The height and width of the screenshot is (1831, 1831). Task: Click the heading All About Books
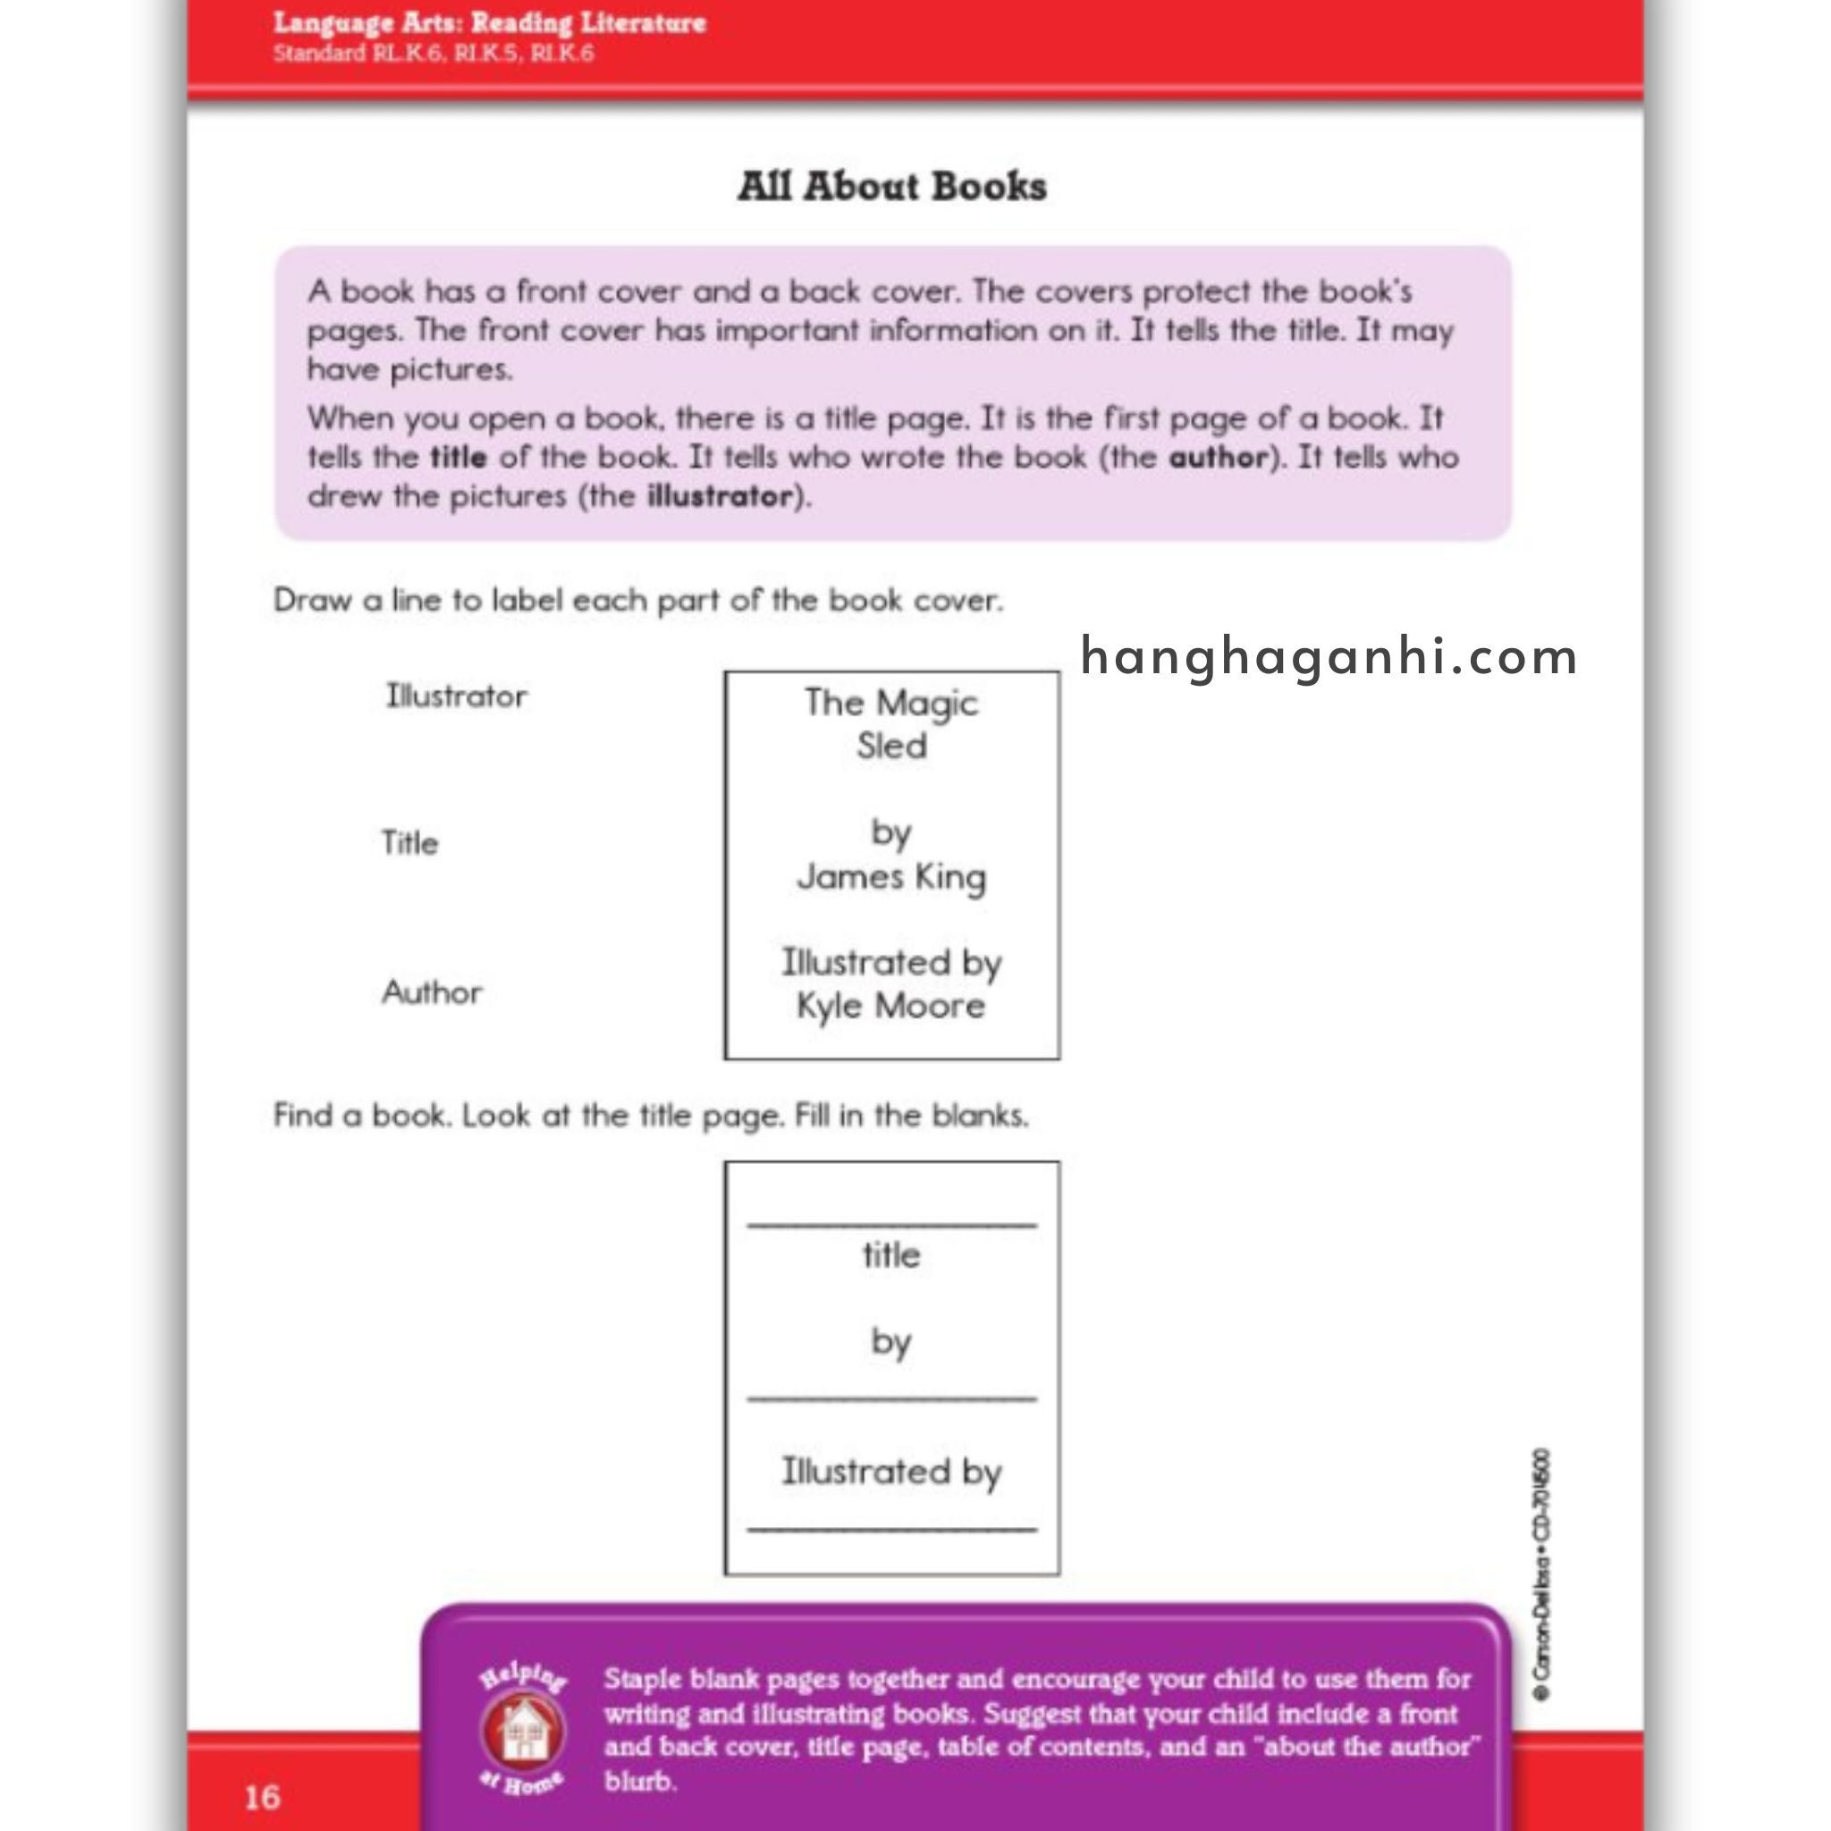coord(891,187)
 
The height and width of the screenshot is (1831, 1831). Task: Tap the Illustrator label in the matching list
coord(456,696)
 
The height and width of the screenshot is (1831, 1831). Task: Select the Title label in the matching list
coord(409,842)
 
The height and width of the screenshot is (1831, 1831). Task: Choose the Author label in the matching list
coord(432,992)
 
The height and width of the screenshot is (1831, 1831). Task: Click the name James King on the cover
coord(890,878)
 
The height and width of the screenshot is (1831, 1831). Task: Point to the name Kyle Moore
coord(890,1007)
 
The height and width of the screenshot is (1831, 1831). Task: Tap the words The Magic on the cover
coord(890,704)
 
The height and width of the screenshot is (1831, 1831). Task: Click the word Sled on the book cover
coord(891,746)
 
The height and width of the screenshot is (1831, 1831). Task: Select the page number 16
coord(263,1796)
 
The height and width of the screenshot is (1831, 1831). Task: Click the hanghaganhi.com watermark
coord(1329,657)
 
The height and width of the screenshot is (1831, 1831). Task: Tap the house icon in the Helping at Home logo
coord(524,1732)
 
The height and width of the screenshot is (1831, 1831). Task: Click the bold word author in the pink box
coord(1218,458)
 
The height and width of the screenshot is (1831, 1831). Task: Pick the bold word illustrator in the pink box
coord(720,496)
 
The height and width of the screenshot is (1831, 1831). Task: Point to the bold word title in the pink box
coord(459,458)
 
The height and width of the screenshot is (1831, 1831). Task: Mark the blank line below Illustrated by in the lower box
coord(891,1529)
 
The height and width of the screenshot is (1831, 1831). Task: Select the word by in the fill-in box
coord(890,1342)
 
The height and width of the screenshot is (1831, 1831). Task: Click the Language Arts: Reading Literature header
coord(489,22)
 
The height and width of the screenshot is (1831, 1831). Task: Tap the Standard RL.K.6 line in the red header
coord(433,54)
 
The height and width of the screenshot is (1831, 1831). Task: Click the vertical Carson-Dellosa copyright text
coord(1542,1574)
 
